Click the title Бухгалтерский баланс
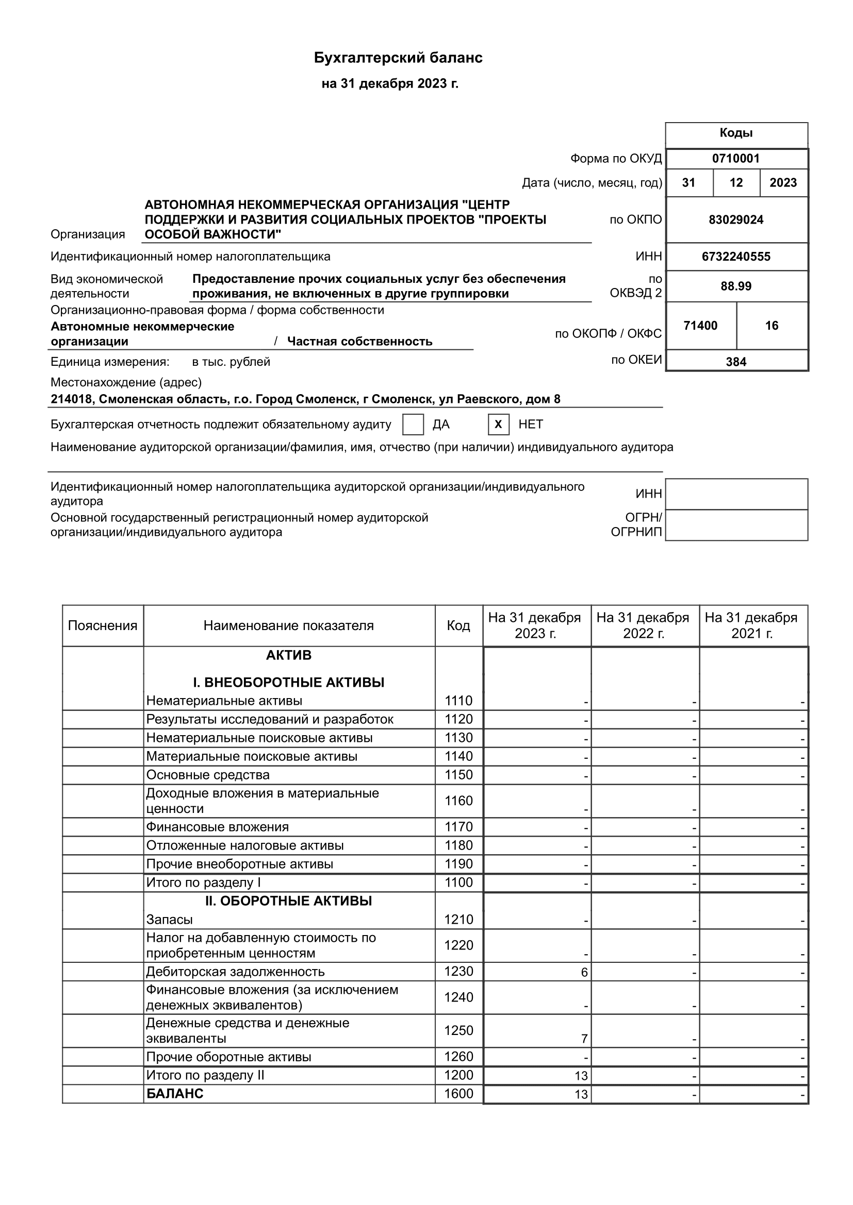tap(398, 58)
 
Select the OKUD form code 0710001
tap(736, 159)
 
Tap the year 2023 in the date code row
tap(783, 183)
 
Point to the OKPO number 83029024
tap(736, 220)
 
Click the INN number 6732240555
tap(736, 257)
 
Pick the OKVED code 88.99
tap(736, 286)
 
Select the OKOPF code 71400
tap(700, 326)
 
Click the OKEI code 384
tap(736, 362)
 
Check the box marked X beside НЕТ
tap(498, 424)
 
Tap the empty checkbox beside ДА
tap(413, 424)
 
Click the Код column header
tap(458, 625)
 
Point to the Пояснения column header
tap(103, 625)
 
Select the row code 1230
tap(458, 971)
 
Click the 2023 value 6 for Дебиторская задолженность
tap(584, 973)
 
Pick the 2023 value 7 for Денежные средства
tap(584, 1039)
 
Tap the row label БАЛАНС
tap(174, 1093)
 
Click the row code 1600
tap(458, 1093)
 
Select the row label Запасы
tap(169, 920)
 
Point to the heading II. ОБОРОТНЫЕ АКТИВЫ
tap(288, 901)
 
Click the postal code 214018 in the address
tap(72, 399)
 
